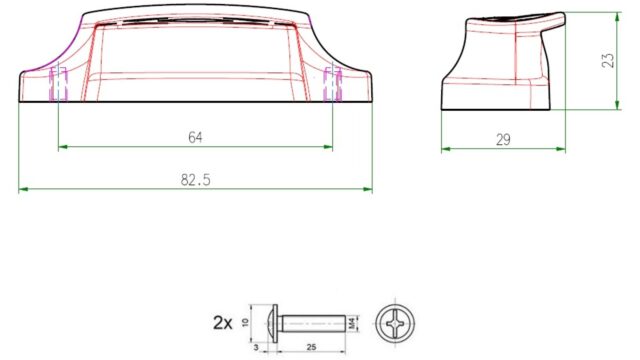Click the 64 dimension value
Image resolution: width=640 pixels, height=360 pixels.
click(195, 138)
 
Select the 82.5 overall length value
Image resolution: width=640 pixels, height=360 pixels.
click(196, 180)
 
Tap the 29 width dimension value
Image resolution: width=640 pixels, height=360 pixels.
click(503, 140)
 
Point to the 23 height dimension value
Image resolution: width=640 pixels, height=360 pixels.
click(608, 60)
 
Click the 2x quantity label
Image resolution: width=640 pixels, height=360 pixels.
click(223, 323)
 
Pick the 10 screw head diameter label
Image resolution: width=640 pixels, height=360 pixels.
click(245, 322)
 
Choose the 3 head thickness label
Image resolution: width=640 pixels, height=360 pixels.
click(256, 347)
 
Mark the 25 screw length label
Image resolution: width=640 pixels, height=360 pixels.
click(311, 347)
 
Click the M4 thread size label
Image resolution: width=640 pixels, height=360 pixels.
click(352, 324)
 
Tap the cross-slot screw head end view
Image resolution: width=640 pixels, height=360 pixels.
click(395, 324)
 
